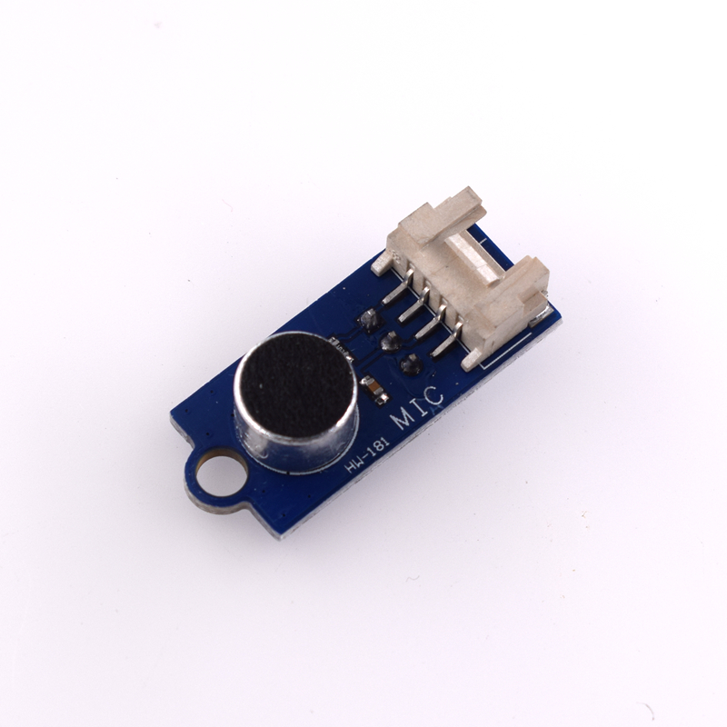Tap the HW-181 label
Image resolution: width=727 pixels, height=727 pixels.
point(367,457)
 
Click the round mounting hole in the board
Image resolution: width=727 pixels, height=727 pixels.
point(216,475)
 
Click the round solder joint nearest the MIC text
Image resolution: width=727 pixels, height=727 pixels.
point(410,363)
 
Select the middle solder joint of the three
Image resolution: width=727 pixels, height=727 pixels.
point(390,342)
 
